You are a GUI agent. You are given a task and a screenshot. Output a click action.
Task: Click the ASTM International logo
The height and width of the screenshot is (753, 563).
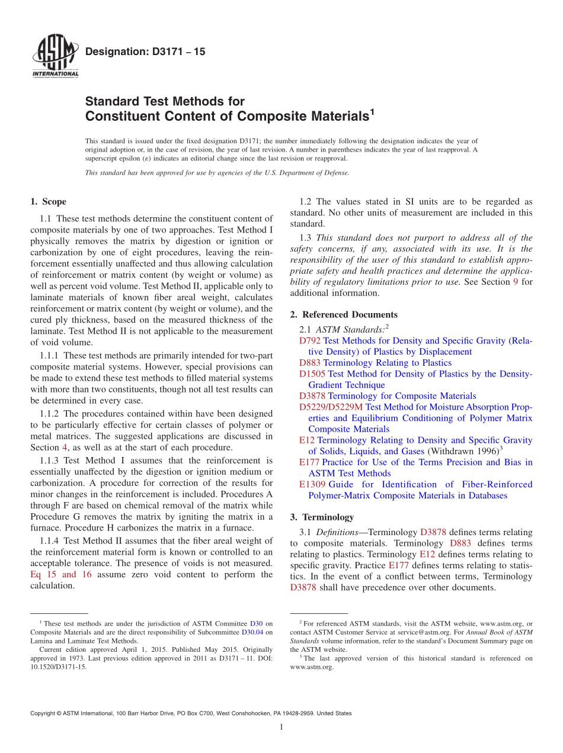click(55, 55)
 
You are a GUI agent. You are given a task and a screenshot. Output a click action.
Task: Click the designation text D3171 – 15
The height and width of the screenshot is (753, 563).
click(145, 52)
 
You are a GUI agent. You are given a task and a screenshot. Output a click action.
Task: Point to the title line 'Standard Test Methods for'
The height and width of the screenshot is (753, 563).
click(165, 101)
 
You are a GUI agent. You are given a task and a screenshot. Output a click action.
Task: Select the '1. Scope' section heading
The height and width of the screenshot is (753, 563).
click(48, 202)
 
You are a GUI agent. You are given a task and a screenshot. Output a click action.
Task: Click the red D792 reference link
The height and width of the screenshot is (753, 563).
click(309, 341)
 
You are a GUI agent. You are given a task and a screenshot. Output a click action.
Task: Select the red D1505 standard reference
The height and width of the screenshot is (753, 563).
click(312, 374)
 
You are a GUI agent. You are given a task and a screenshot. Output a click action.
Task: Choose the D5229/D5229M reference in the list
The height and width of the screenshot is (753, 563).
click(331, 407)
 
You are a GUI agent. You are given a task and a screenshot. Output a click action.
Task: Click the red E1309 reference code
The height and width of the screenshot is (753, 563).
click(312, 484)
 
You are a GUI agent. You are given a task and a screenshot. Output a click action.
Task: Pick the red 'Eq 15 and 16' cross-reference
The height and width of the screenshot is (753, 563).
click(60, 574)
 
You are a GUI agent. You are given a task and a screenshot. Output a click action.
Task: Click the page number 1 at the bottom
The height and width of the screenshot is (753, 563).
click(281, 727)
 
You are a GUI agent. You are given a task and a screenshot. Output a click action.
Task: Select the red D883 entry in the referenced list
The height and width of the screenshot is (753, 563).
click(309, 363)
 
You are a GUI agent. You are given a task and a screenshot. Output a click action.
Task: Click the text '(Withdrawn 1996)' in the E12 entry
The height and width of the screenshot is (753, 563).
click(461, 452)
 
